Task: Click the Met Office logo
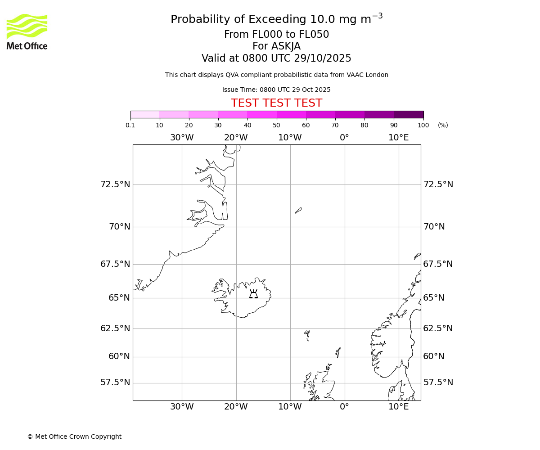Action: (27, 31)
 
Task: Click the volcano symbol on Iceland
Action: (253, 294)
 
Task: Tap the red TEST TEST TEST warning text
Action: (276, 103)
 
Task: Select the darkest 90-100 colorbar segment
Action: (409, 114)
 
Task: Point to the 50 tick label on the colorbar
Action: (276, 125)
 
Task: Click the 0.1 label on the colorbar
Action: (130, 125)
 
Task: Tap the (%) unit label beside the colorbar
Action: (443, 125)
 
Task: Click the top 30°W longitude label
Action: (182, 138)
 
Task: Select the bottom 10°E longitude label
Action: (399, 407)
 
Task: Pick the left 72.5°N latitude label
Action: (115, 184)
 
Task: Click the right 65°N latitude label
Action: (434, 298)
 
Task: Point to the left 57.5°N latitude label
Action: (115, 382)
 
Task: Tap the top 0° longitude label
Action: (344, 138)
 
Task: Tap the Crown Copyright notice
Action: (74, 436)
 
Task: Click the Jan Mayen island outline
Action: (298, 210)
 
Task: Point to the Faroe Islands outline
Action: (307, 334)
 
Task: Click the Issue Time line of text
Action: (276, 90)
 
